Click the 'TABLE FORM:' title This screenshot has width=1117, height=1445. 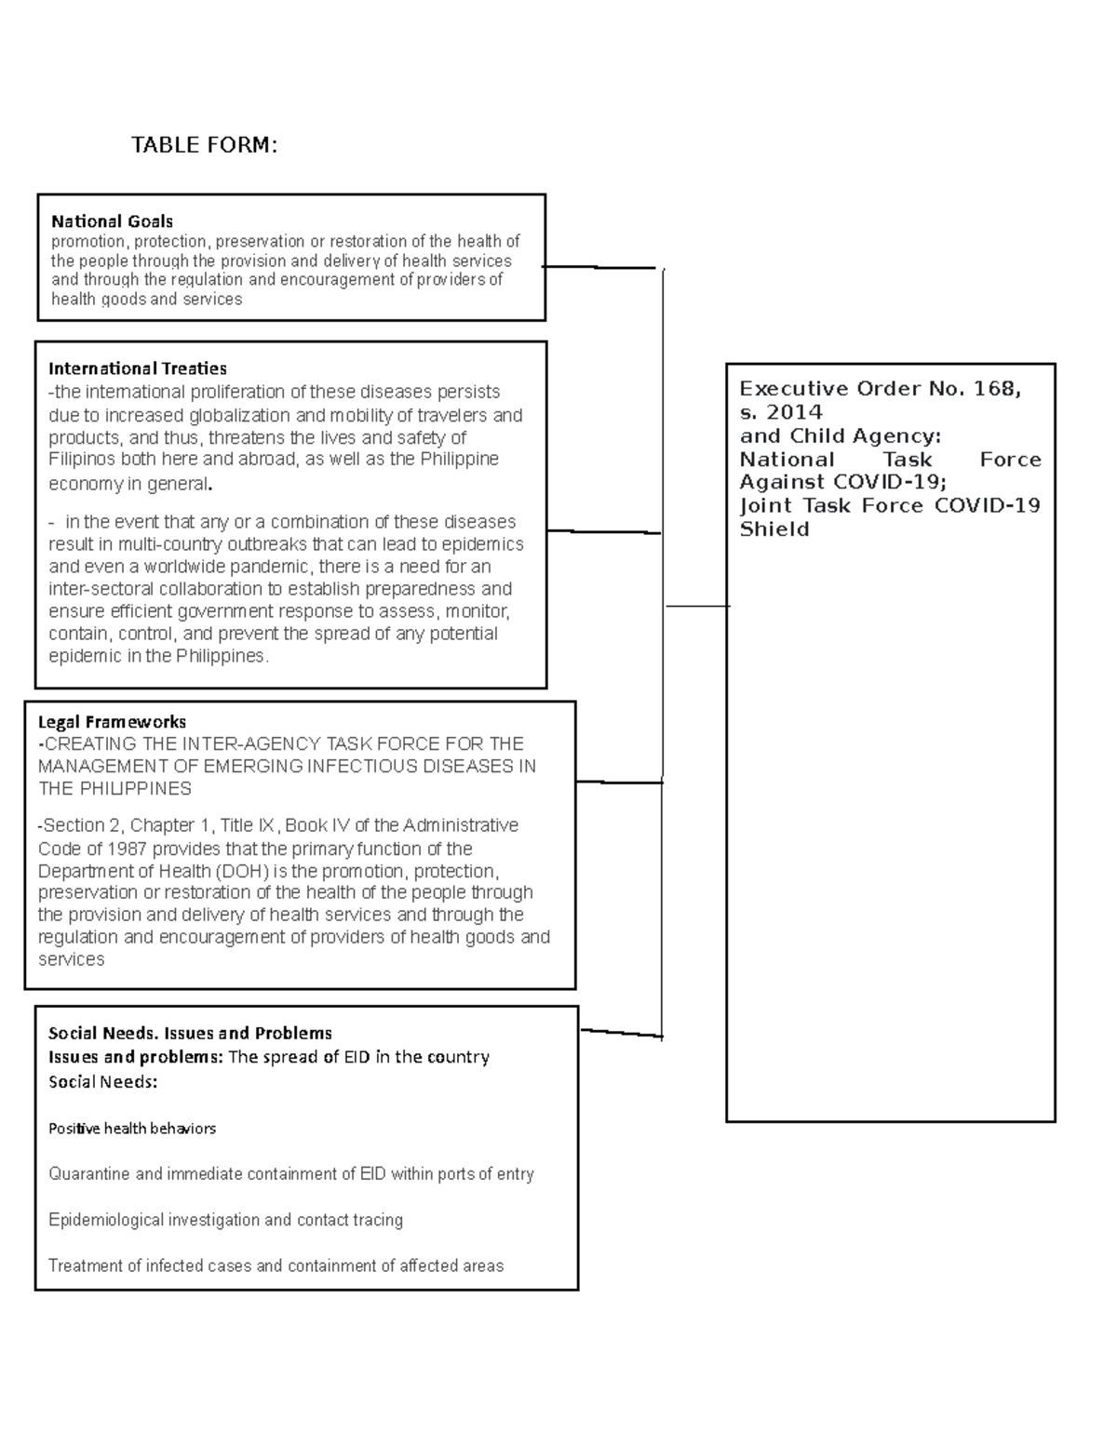204,145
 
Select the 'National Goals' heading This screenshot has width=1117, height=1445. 112,221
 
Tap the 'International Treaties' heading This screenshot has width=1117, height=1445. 138,368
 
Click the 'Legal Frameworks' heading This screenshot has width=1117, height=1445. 112,722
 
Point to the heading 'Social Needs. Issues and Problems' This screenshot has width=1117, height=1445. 190,1033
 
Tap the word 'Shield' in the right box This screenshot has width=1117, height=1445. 774,529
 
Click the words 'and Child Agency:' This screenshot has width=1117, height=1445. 841,435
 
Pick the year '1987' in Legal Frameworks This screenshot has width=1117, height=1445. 127,849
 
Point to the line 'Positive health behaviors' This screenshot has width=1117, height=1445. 132,1129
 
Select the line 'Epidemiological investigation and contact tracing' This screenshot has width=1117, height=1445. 225,1220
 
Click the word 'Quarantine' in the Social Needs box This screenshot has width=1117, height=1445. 89,1174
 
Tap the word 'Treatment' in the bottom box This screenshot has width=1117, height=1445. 85,1265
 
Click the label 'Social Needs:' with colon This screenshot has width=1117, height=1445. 102,1082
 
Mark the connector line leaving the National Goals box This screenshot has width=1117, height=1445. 600,268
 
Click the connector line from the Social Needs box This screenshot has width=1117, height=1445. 621,1033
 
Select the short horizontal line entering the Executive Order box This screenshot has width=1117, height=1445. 697,606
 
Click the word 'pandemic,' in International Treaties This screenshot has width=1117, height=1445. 277,567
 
